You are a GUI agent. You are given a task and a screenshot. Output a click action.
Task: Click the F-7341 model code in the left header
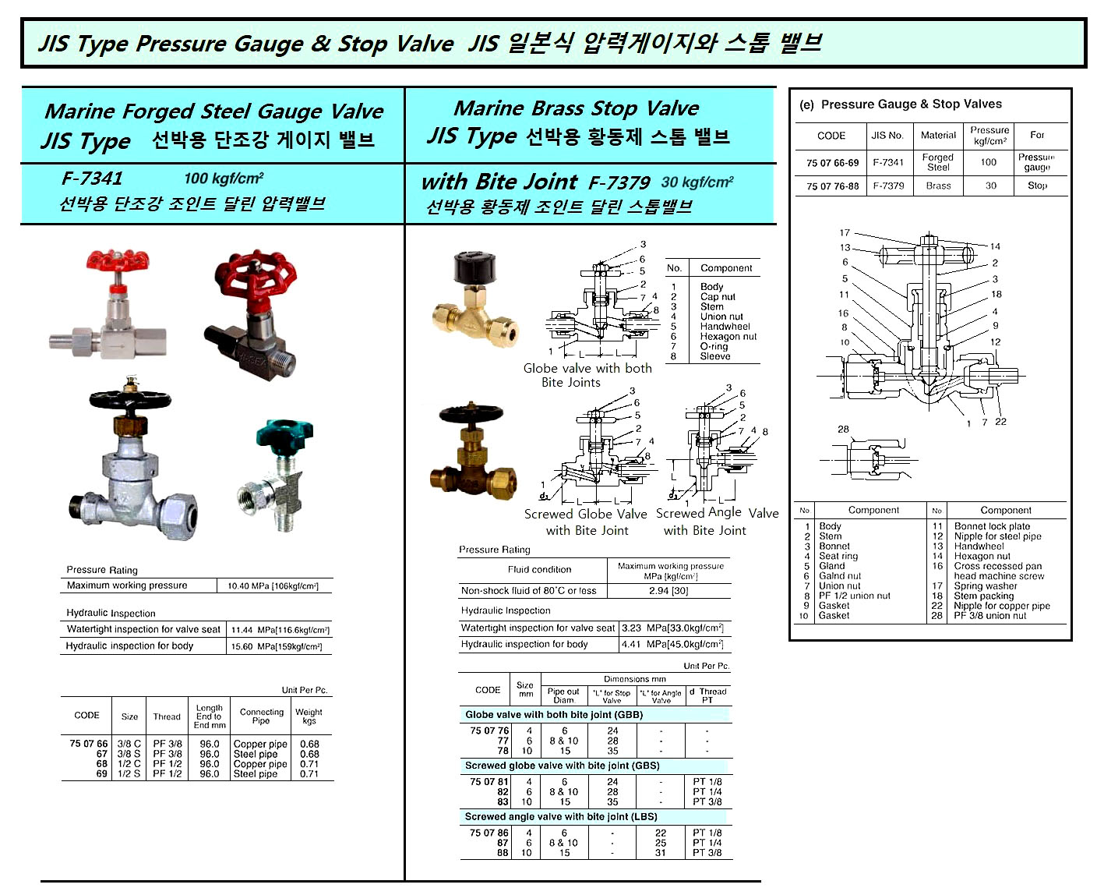click(x=92, y=179)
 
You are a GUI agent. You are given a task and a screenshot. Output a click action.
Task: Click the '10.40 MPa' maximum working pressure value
click(x=273, y=586)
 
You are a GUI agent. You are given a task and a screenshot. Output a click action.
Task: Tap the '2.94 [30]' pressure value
click(x=669, y=591)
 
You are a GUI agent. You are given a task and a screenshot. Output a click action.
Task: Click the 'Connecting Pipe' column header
click(x=261, y=716)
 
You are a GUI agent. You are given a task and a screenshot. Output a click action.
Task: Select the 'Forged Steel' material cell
click(x=937, y=162)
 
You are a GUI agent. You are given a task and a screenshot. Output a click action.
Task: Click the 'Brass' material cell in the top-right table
click(x=938, y=186)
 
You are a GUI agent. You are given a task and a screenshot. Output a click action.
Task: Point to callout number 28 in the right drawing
click(x=843, y=430)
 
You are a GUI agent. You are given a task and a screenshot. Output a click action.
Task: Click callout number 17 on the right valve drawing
click(x=845, y=233)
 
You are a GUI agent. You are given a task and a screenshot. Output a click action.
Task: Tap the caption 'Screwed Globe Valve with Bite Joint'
click(x=586, y=522)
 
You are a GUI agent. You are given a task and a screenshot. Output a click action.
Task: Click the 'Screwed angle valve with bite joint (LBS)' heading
click(x=561, y=817)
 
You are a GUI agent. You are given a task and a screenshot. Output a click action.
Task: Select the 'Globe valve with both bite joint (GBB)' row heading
click(x=553, y=715)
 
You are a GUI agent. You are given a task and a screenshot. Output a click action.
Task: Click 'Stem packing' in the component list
click(x=983, y=596)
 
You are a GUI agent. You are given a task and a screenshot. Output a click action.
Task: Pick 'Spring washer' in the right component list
click(x=985, y=586)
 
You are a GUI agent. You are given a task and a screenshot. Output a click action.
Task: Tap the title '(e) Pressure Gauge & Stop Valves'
click(x=901, y=104)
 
